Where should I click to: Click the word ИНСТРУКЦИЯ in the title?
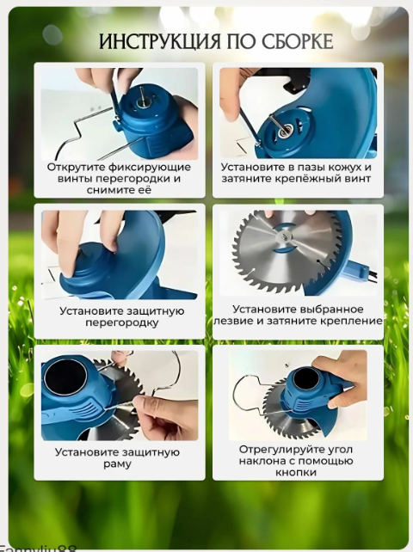tap(159, 42)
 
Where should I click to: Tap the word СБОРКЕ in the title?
tap(298, 42)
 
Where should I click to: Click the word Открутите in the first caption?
tap(76, 167)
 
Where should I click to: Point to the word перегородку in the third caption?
tap(121, 322)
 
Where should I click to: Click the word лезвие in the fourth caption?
tap(235, 321)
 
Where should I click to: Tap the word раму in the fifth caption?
tap(117, 464)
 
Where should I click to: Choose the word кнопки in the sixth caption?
tap(296, 472)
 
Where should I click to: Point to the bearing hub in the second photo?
tap(284, 132)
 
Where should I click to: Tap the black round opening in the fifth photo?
tap(65, 377)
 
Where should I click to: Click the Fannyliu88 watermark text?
tap(38, 549)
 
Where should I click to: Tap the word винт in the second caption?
tap(358, 179)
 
